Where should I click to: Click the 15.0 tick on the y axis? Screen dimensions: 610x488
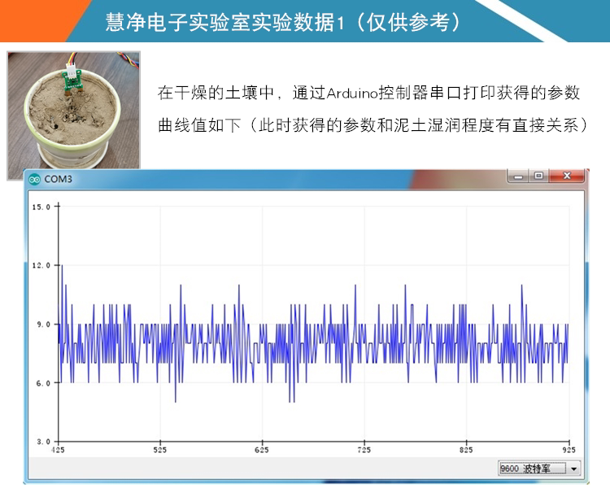point(41,207)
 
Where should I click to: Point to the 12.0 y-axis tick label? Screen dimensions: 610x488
point(41,265)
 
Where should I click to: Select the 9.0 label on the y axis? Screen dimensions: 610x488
point(44,325)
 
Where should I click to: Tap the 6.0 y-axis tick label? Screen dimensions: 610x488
point(44,383)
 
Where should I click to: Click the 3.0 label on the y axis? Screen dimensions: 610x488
point(44,442)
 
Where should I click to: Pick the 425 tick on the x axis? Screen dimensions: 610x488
point(58,451)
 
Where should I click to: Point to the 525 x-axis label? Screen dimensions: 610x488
point(160,451)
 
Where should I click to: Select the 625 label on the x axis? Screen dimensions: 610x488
point(262,451)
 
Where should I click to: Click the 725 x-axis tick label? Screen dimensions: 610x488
point(364,451)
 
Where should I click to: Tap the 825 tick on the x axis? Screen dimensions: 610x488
point(466,451)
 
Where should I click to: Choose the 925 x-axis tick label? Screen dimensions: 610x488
point(569,451)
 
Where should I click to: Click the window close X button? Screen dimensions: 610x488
point(567,176)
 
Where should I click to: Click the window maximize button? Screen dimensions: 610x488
point(538,176)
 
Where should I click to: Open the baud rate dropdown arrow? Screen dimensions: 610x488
point(574,468)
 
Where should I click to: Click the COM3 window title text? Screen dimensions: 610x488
point(58,179)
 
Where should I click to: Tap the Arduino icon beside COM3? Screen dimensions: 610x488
point(35,180)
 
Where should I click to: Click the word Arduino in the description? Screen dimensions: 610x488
point(352,94)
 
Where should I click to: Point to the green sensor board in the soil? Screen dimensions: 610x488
point(72,81)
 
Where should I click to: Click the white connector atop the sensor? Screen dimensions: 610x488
point(72,70)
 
